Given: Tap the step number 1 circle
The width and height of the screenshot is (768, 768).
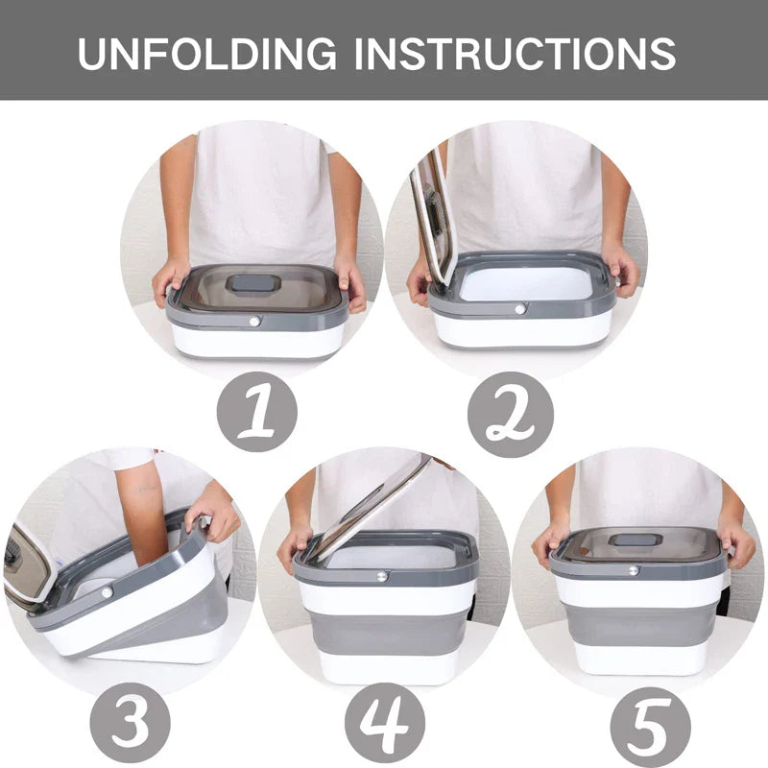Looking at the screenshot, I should point(255,411).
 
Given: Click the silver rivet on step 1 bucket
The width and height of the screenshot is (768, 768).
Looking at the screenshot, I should point(255,321).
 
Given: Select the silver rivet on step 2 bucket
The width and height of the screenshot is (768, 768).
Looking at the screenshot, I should point(520,309).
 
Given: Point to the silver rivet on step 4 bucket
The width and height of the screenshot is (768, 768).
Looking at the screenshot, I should point(382,576).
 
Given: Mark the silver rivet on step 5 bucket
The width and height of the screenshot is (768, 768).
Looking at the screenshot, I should point(634,570).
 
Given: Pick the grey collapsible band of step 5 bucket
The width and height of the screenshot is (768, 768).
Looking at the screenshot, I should point(637,624).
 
